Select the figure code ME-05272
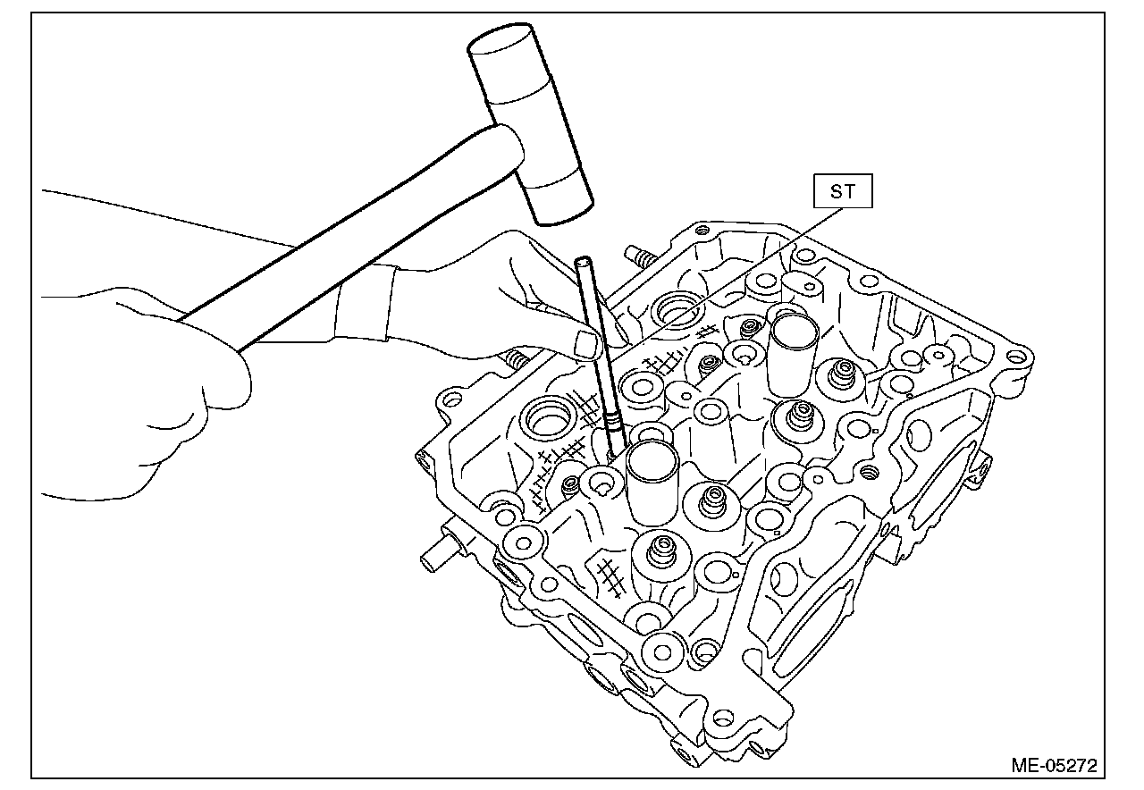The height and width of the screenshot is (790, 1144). (1053, 765)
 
